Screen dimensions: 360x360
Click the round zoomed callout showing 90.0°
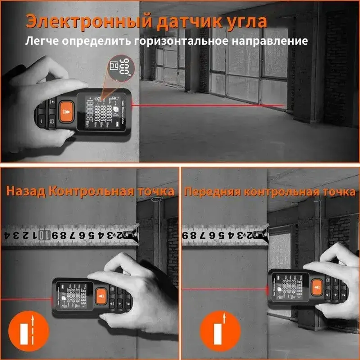[120, 67]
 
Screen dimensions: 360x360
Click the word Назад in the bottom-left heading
[26, 191]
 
